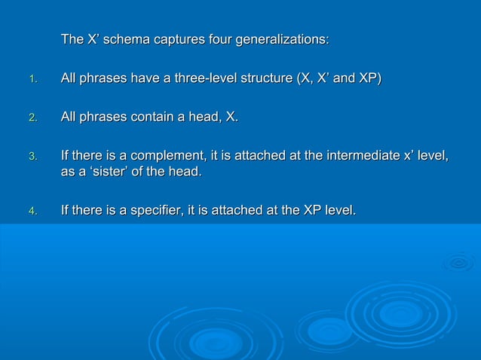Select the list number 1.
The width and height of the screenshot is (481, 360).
[x=32, y=80]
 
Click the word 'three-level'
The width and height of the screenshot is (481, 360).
[x=204, y=78]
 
